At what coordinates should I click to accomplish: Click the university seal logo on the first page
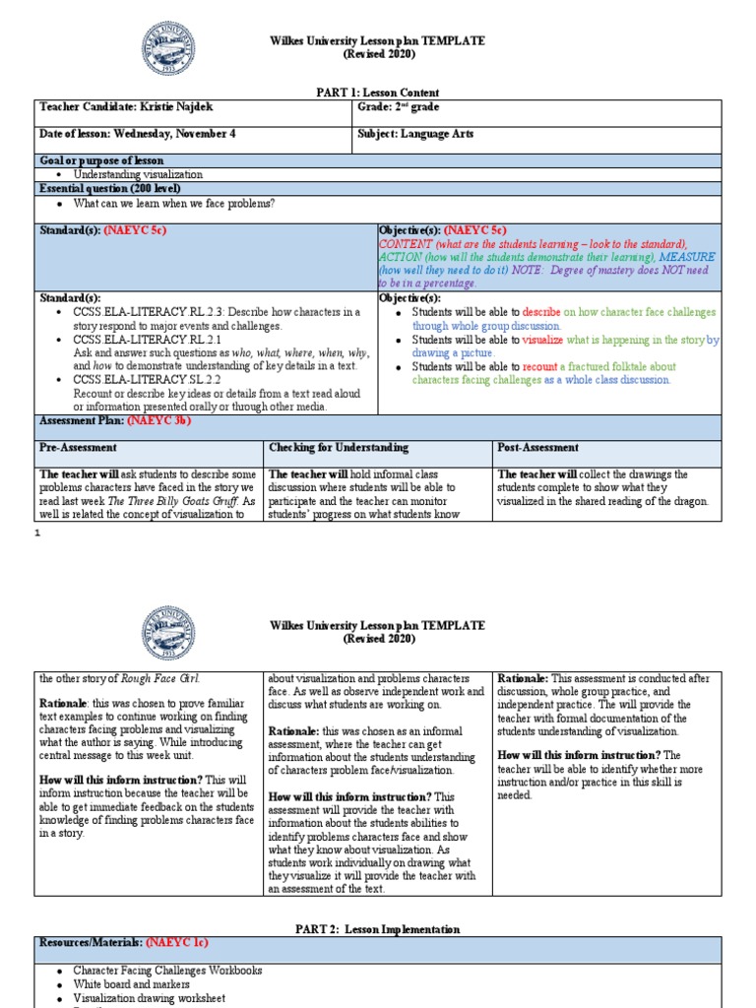pyautogui.click(x=168, y=49)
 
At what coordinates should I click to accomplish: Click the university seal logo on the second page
pyautogui.click(x=168, y=633)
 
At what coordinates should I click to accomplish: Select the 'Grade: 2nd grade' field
pyautogui.click(x=399, y=106)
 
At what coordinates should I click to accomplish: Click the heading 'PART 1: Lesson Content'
pyautogui.click(x=377, y=91)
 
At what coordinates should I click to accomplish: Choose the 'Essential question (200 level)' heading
pyautogui.click(x=109, y=188)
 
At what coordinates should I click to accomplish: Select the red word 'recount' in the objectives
pyautogui.click(x=540, y=366)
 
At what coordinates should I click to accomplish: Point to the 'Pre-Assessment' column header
pyautogui.click(x=80, y=448)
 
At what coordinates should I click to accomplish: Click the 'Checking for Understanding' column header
pyautogui.click(x=339, y=448)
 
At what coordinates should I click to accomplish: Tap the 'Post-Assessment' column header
pyautogui.click(x=539, y=448)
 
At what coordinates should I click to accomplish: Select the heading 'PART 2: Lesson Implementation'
pyautogui.click(x=377, y=928)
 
